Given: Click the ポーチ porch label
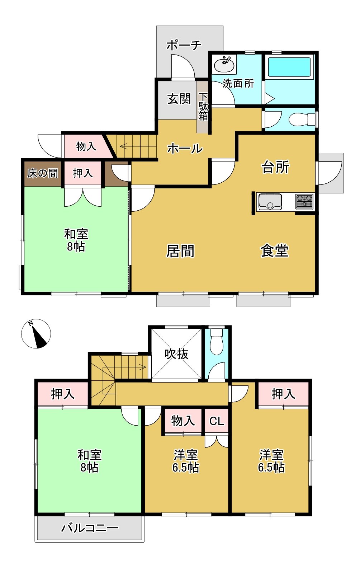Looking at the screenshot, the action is click(184, 45).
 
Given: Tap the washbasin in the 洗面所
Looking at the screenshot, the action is click(224, 65).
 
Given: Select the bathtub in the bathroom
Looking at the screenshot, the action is click(289, 67).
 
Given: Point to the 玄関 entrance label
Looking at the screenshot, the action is click(179, 99).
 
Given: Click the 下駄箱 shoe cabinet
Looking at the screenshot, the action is click(203, 107).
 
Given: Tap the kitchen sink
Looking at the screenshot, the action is click(270, 201).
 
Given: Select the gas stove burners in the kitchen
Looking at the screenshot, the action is click(304, 201).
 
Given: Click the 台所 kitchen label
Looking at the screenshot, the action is click(275, 167).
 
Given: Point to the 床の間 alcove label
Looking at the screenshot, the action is click(43, 173).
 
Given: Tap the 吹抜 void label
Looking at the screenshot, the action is click(176, 354).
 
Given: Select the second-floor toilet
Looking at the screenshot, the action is click(216, 342).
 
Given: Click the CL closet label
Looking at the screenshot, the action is click(217, 421).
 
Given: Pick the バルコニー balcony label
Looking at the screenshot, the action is click(90, 528).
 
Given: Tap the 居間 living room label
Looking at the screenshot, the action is click(180, 251).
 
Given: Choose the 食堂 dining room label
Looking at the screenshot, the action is click(275, 250).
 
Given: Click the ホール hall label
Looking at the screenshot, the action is click(185, 148).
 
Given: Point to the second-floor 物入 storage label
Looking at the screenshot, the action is click(183, 421).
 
